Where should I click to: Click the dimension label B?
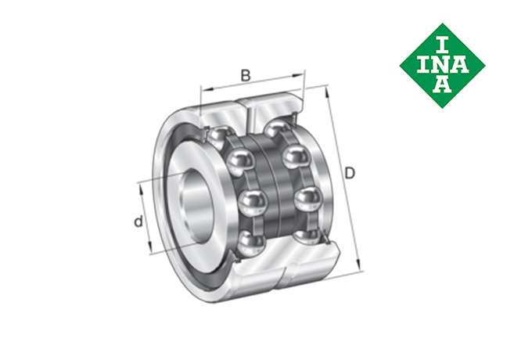pos(246,75)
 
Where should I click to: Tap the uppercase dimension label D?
pos(350,173)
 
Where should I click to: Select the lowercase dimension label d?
pos(138,221)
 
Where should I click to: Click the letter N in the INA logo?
pos(443,66)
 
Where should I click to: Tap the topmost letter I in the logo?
pos(443,46)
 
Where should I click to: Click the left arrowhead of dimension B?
pos(207,88)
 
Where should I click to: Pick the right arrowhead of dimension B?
pos(297,76)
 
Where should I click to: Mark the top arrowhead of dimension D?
pos(326,92)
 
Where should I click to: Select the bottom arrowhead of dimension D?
pos(358,264)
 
